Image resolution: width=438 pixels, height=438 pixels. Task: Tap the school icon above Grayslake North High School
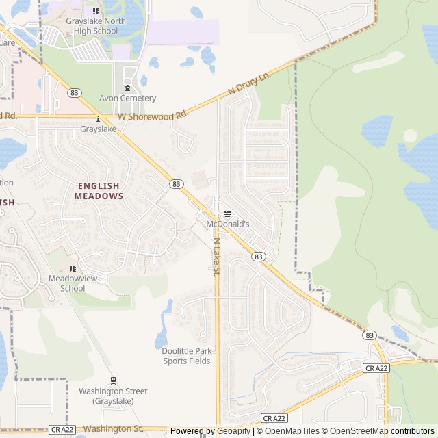click(95, 11)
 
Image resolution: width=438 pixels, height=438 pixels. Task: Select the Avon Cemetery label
click(128, 99)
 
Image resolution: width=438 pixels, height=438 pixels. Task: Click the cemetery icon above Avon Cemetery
click(128, 88)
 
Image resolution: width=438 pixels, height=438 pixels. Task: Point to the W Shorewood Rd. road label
click(152, 116)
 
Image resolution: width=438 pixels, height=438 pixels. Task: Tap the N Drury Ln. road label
click(250, 83)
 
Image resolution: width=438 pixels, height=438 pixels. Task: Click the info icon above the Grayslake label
click(99, 118)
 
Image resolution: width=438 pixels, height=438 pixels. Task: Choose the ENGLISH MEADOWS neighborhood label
click(99, 191)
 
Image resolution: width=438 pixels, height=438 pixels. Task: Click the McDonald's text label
click(228, 224)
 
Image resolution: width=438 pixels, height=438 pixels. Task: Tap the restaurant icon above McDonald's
click(228, 214)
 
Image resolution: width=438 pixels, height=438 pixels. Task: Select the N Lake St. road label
click(216, 257)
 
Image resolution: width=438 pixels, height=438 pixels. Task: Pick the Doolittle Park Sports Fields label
click(186, 356)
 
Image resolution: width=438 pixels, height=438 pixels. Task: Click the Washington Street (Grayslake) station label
click(113, 396)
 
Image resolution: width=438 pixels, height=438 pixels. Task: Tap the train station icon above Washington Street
click(113, 381)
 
